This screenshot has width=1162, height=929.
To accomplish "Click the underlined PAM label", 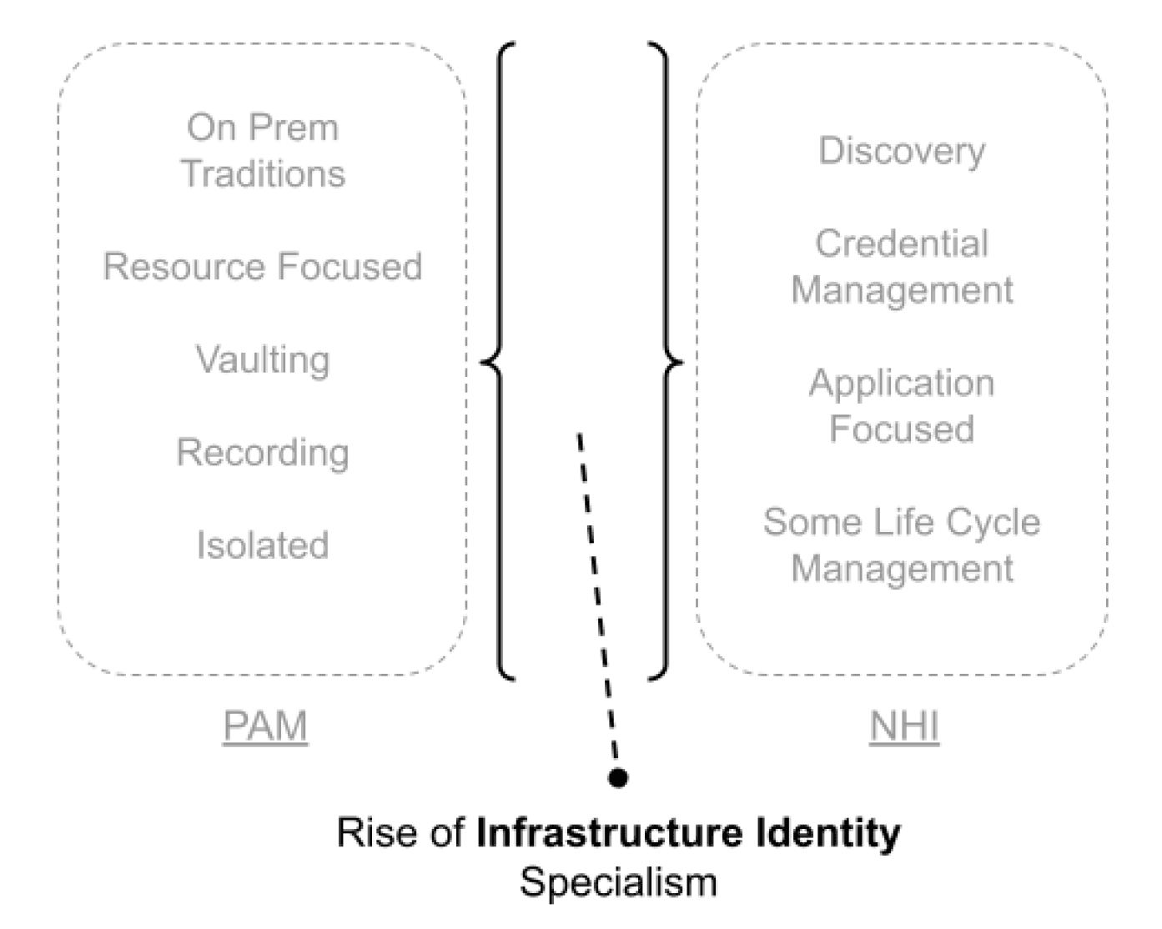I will (265, 726).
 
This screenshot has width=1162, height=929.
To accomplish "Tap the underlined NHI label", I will (904, 726).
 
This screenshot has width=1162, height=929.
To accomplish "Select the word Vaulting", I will (263, 359).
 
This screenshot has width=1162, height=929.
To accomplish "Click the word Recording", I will (263, 452).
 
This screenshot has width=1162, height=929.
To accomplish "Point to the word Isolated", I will (263, 545).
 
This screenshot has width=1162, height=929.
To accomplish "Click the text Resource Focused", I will (263, 267).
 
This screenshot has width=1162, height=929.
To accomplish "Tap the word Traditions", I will (263, 173).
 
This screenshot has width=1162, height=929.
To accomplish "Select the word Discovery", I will (902, 151).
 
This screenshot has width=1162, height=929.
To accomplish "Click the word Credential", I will (902, 244).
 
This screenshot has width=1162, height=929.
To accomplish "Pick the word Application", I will (902, 383).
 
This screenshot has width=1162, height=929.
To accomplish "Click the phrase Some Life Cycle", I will (902, 522).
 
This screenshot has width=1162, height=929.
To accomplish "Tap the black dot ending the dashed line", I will (618, 778).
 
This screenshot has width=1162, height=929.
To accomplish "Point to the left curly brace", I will (497, 360).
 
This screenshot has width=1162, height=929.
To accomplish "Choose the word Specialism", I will (618, 881).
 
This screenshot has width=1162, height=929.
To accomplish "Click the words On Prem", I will (263, 128).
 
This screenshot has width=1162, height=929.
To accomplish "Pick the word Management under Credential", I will (902, 290).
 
